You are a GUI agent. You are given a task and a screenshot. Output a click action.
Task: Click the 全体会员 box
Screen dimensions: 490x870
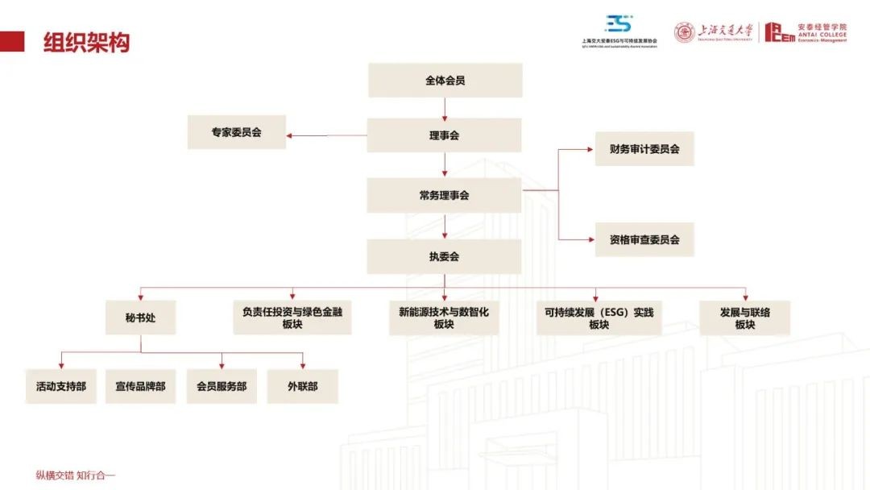click(x=445, y=81)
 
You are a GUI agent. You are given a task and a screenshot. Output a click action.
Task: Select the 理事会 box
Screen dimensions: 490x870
click(x=444, y=135)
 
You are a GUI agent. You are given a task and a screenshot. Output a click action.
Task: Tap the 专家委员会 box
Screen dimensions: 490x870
click(x=236, y=132)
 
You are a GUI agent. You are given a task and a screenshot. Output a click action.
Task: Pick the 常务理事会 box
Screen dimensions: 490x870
click(x=444, y=195)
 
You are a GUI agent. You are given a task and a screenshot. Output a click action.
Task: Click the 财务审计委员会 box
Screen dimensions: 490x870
click(x=644, y=149)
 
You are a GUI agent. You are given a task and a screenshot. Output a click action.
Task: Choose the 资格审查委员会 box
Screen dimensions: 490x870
click(x=644, y=239)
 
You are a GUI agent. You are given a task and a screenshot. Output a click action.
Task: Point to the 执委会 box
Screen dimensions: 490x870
click(x=444, y=256)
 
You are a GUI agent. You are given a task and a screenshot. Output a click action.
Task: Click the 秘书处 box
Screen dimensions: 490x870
click(x=140, y=318)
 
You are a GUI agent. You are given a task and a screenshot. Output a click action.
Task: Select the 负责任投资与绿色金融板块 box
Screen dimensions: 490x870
click(x=292, y=318)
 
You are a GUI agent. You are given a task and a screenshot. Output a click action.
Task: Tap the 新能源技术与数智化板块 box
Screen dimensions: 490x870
click(x=444, y=318)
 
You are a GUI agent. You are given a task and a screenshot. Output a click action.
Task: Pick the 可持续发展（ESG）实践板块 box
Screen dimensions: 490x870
click(x=598, y=318)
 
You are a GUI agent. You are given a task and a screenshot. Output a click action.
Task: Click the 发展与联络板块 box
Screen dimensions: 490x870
click(x=744, y=318)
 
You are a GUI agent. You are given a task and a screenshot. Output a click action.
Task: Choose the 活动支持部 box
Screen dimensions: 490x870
click(x=60, y=386)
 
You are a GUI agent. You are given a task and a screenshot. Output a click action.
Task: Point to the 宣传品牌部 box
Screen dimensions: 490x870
click(x=140, y=386)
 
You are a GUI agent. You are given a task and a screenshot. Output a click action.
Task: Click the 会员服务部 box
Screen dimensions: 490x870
click(x=222, y=386)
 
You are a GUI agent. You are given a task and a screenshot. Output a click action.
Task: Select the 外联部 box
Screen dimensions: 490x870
click(x=302, y=386)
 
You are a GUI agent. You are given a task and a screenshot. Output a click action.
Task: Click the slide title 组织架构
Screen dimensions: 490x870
click(x=86, y=42)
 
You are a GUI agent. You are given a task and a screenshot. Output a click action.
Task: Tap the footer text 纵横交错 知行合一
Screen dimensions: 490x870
click(x=76, y=475)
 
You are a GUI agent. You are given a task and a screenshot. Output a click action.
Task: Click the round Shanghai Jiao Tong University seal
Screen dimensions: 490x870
click(x=684, y=32)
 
